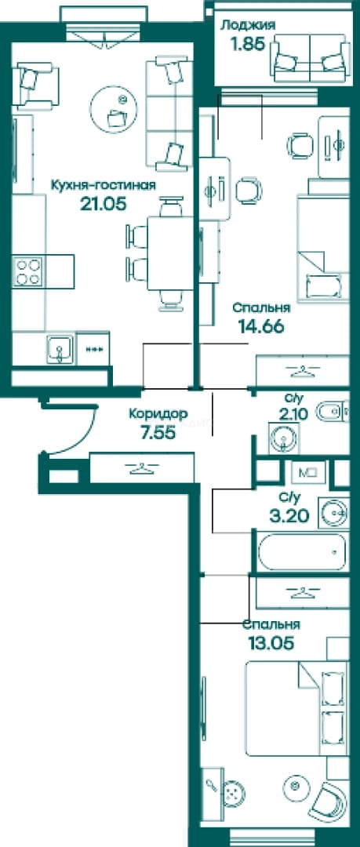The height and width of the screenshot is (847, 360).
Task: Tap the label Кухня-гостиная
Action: (104, 186)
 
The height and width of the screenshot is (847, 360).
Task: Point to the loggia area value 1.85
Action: (248, 44)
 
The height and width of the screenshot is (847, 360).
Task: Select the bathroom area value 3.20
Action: (289, 515)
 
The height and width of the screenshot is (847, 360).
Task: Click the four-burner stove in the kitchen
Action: (28, 271)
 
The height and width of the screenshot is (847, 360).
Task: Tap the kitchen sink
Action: (60, 349)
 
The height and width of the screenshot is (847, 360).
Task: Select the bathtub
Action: (302, 552)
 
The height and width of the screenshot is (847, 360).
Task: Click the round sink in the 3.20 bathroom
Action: (334, 511)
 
